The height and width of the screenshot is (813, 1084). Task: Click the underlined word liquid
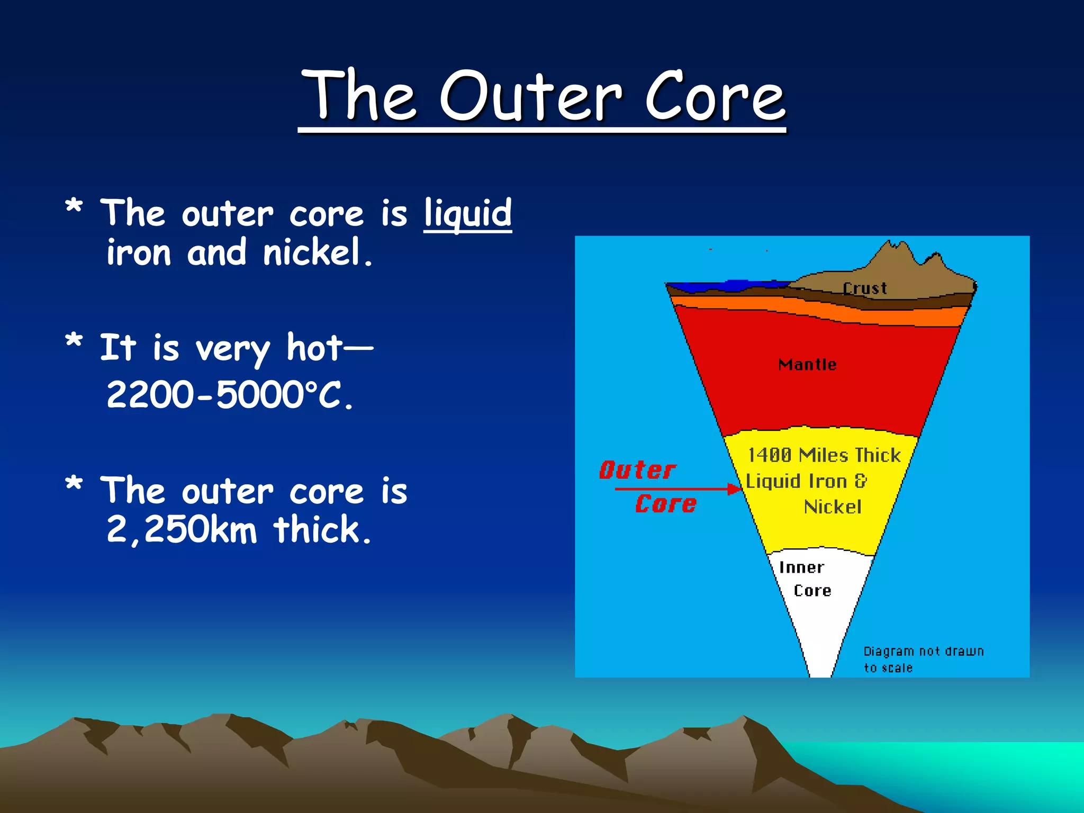pos(467,213)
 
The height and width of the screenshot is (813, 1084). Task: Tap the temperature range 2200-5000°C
pos(229,395)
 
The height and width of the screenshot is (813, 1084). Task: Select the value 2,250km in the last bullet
pos(181,529)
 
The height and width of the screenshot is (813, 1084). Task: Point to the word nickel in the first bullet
pos(312,252)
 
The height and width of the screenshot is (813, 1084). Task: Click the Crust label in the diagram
pos(864,288)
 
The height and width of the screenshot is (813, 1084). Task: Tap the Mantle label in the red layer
pos(807,365)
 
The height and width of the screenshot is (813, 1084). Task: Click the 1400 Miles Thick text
pos(824,455)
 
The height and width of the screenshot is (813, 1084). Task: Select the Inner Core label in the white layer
pos(805,579)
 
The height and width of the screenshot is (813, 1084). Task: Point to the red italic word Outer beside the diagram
pos(637,470)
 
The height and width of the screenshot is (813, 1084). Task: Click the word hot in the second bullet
pos(313,348)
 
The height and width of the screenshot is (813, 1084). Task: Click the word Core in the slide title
pos(715,96)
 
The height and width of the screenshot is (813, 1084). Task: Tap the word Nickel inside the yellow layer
pos(833,507)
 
